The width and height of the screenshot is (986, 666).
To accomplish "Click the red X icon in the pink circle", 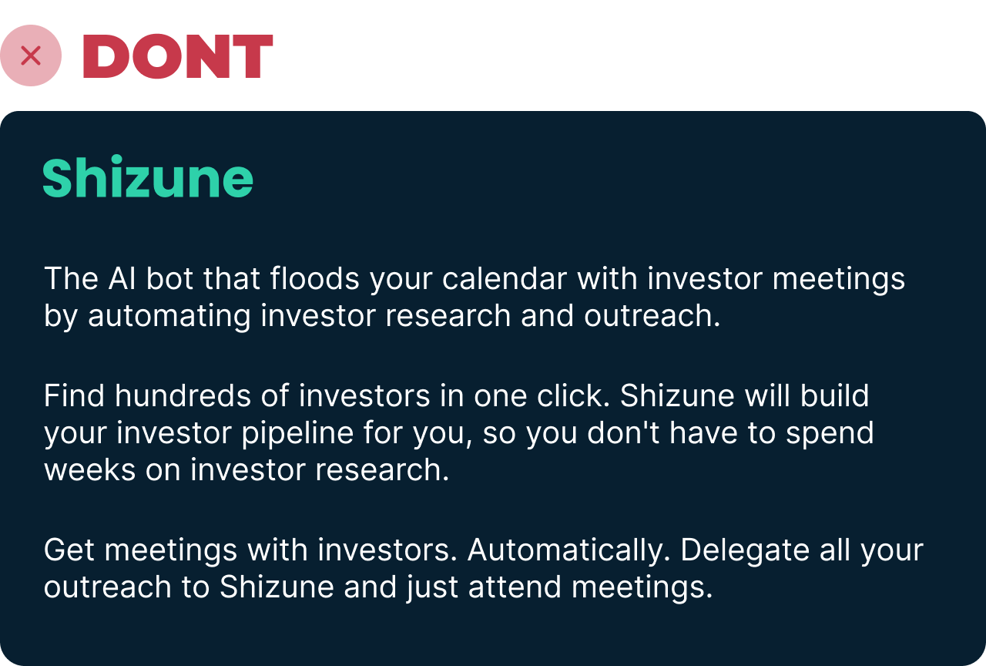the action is [x=31, y=55].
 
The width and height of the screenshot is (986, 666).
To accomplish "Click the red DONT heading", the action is [x=178, y=56].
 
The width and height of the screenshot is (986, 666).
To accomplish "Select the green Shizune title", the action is [x=148, y=177].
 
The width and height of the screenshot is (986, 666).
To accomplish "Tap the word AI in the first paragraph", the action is [x=122, y=278].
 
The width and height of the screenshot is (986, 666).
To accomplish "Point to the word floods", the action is [x=315, y=278].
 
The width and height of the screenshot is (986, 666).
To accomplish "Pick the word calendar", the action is [x=505, y=278].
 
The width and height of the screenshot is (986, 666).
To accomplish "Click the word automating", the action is [x=169, y=316].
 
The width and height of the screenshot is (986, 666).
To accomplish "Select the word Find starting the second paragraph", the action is [x=74, y=395].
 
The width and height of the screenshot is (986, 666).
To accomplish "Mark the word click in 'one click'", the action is [x=573, y=395].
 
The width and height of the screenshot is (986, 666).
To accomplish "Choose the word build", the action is [x=834, y=395].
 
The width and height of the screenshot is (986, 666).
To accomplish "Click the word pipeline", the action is [x=297, y=433].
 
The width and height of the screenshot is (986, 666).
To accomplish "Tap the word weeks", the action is [x=90, y=470].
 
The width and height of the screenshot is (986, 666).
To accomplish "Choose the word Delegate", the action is [x=745, y=551].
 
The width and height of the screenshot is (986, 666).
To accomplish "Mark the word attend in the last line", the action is [x=515, y=587].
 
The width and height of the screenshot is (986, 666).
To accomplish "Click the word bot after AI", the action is [x=169, y=278].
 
